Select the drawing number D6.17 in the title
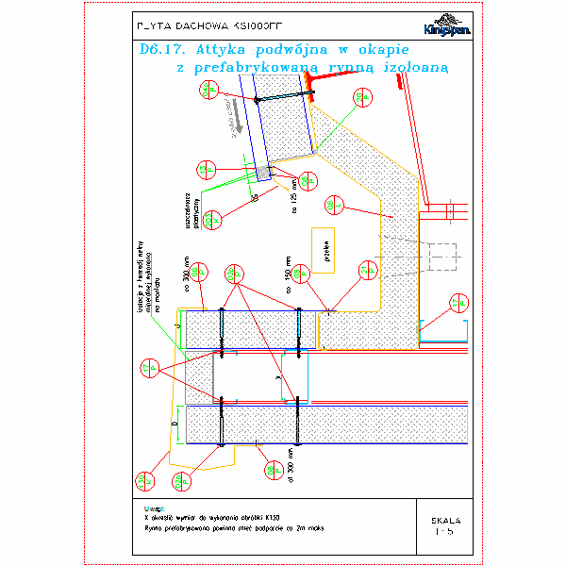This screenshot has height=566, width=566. [155, 49]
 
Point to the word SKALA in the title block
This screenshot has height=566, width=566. [445, 520]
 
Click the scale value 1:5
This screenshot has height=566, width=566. [445, 532]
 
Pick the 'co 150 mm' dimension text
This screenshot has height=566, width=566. [287, 274]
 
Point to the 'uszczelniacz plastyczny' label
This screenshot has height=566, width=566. [191, 208]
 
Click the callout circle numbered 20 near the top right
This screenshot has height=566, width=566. [361, 98]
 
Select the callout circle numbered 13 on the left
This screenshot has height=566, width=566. [147, 367]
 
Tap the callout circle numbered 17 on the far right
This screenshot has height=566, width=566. [458, 303]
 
